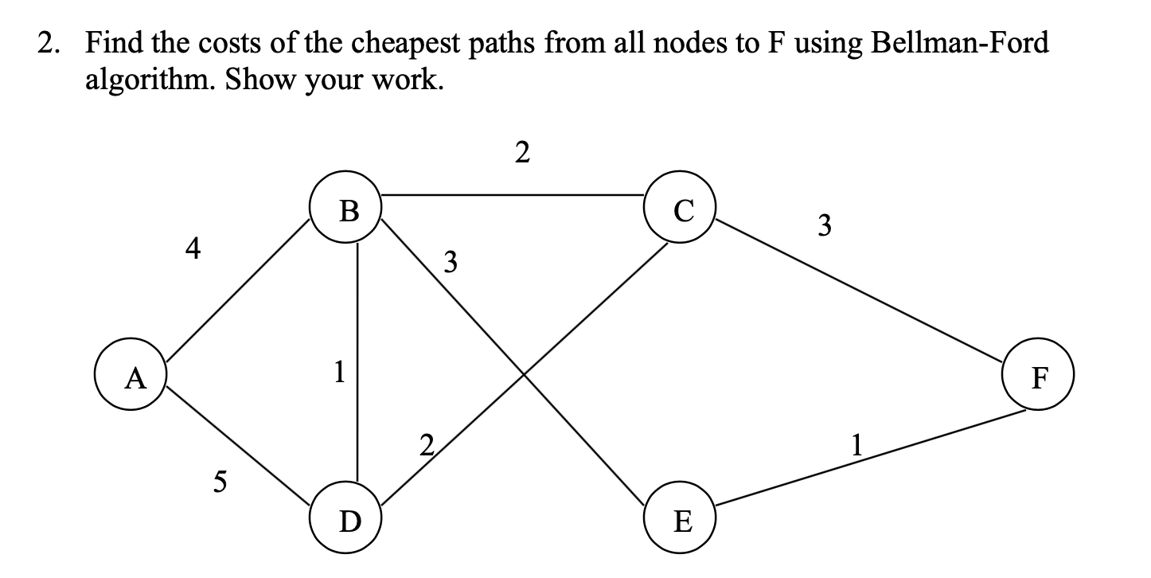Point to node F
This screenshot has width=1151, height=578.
(1038, 377)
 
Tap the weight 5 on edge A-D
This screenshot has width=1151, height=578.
(220, 480)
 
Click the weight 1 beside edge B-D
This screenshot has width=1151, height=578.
(340, 371)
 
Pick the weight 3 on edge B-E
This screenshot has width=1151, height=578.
(451, 261)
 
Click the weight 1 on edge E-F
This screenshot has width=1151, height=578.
(856, 443)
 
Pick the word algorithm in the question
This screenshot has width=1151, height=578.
(150, 80)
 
